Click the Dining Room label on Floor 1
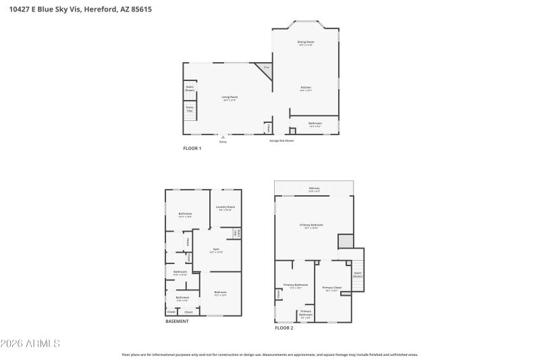pos(306,43)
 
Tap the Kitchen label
pos(306,88)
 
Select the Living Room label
pos(230,98)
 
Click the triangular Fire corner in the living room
pos(266,68)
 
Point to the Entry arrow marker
pos(223,137)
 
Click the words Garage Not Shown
pos(281,141)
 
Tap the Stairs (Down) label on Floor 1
pos(190,88)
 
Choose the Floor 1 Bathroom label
pos(315,124)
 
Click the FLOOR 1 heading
pos(192,148)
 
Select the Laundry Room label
pos(225,208)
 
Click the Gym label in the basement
pos(216,250)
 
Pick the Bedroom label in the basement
pos(220,292)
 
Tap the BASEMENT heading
pos(177,322)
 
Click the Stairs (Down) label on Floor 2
pos(358,274)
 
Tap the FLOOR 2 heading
pos(283,328)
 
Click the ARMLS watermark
pos(30,344)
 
